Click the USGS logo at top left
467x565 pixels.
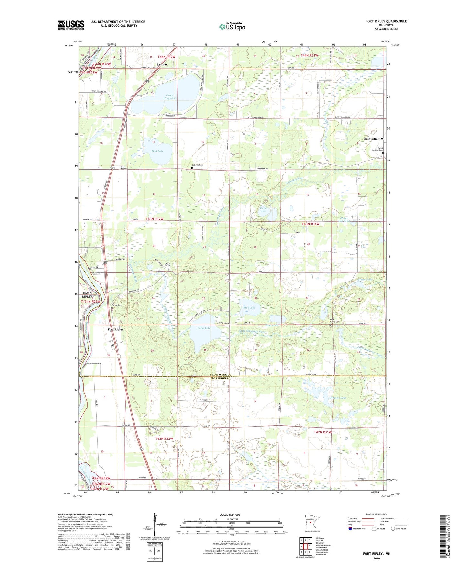71,25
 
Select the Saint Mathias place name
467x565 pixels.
373,139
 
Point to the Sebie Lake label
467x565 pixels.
204,328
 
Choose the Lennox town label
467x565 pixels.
162,65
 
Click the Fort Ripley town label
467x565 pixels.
115,329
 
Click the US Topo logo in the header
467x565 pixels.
232,27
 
